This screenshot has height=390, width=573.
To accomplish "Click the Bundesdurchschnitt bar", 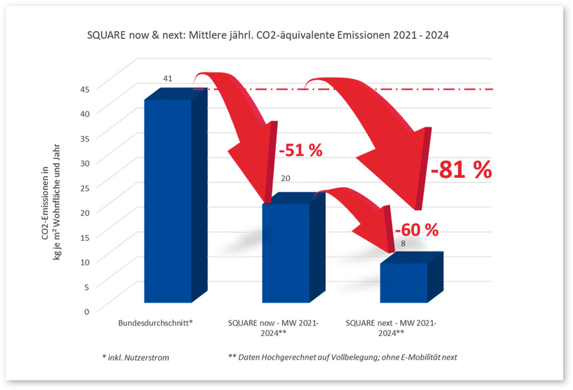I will coord(168,200).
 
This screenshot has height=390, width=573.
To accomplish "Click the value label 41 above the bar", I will coord(168,79).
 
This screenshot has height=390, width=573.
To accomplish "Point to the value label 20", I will coord(286,178).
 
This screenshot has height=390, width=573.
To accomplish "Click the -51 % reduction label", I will coord(300,150).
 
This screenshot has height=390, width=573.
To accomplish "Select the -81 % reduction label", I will coord(461,171).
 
